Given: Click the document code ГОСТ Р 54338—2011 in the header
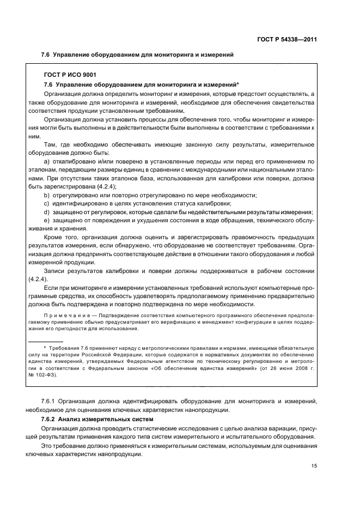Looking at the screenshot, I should pyautogui.click(x=287, y=39).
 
